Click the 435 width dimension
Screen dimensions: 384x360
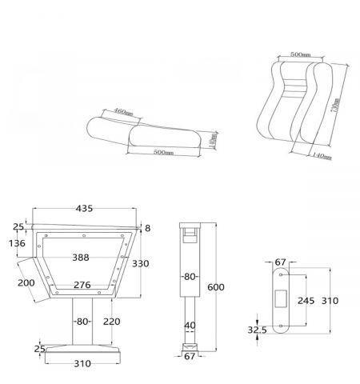(84, 208)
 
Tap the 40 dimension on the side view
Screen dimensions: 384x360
(189, 325)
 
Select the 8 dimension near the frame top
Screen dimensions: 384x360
(147, 228)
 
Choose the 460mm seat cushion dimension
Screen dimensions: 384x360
(122, 112)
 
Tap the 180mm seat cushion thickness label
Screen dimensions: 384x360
(213, 142)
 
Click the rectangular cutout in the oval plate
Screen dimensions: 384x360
(282, 298)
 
